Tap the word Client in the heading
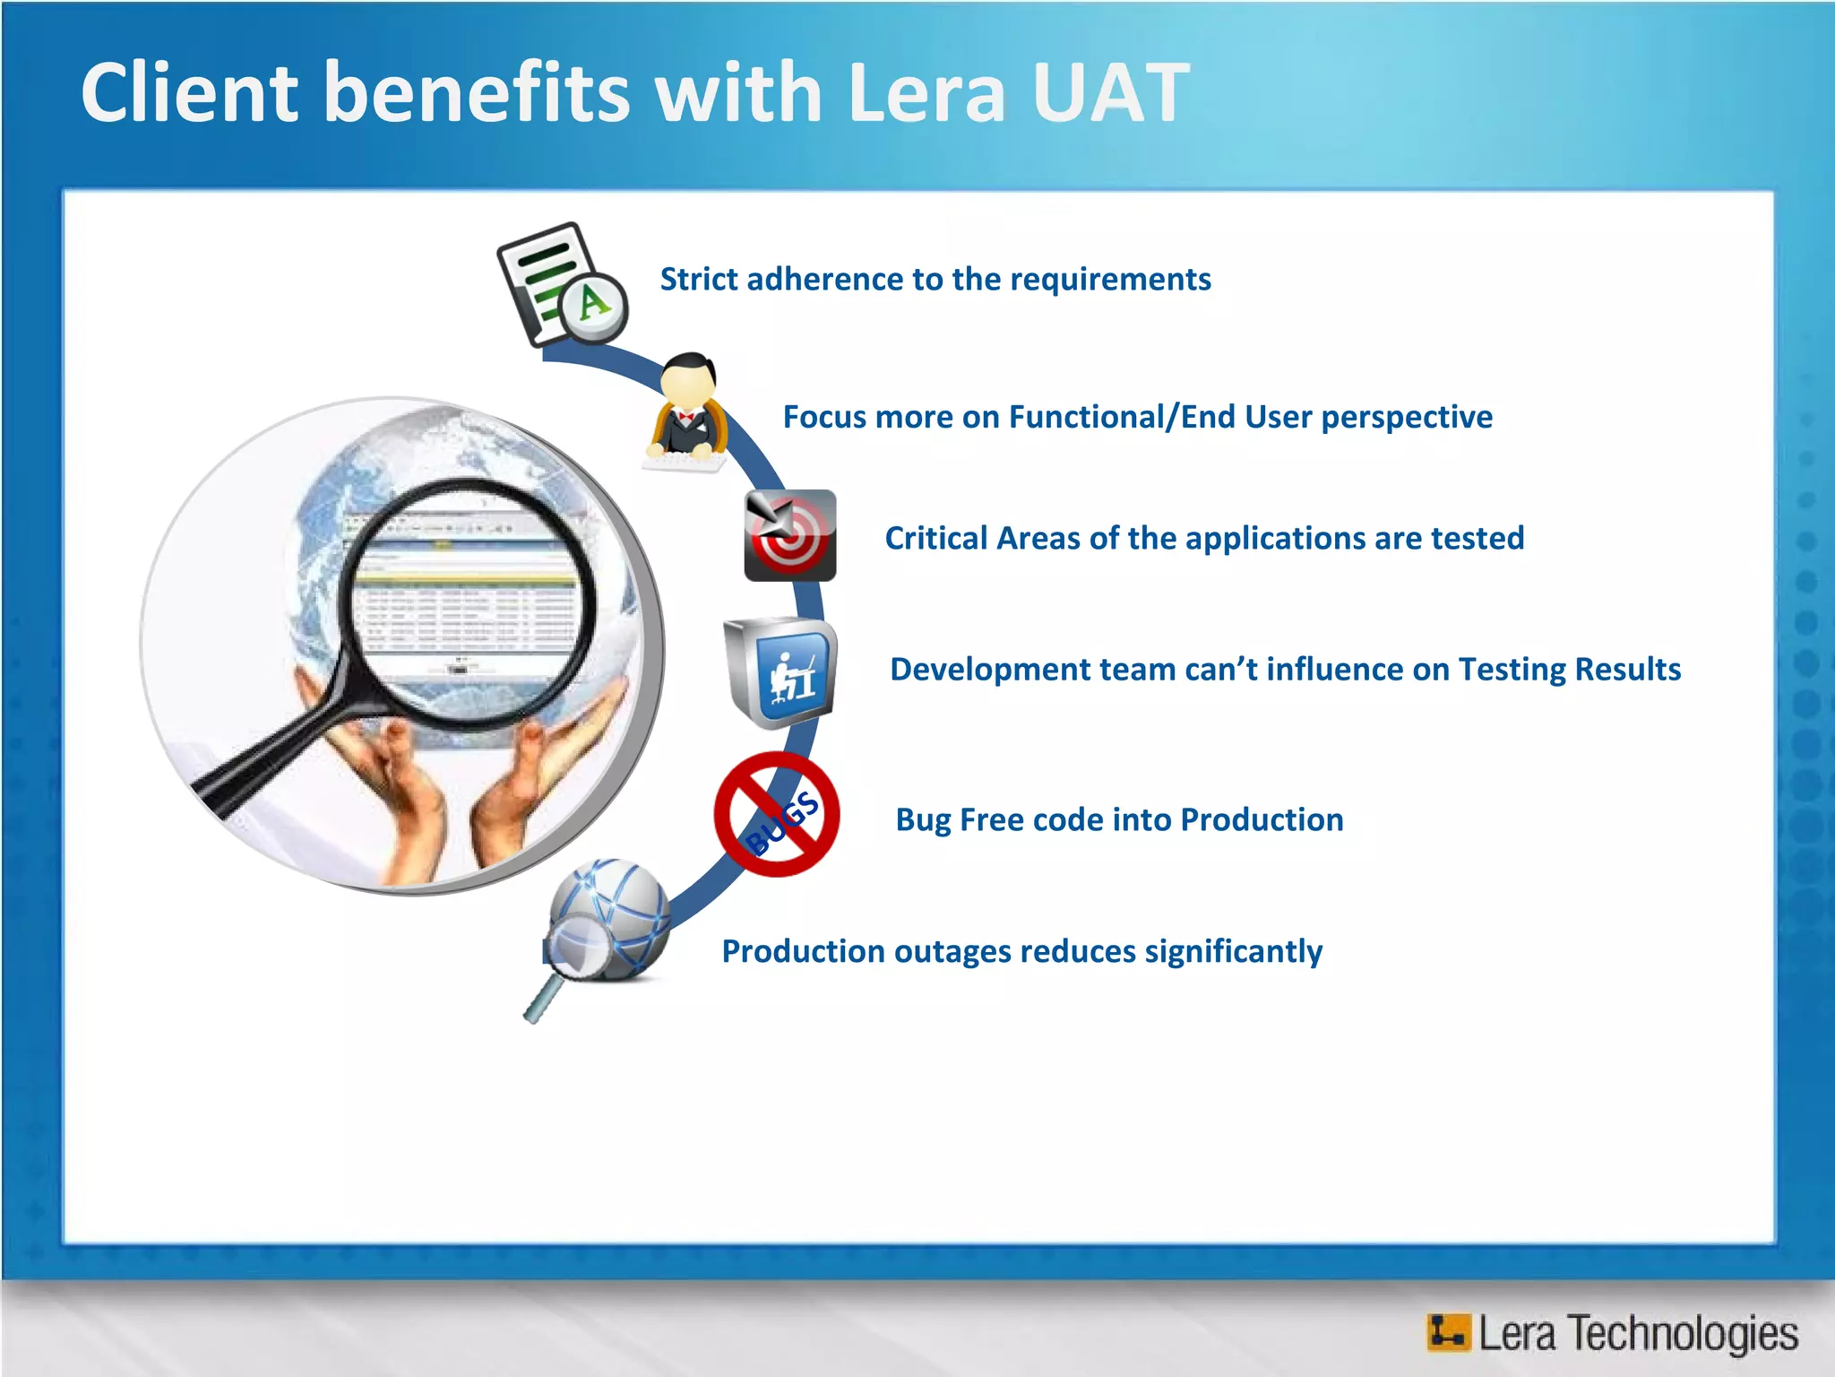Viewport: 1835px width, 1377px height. (189, 92)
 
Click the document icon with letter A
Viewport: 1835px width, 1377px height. (563, 284)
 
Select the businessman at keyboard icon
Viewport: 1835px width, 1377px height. (687, 413)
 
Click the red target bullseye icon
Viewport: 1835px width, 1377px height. (789, 535)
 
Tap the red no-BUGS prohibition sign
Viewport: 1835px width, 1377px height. (777, 814)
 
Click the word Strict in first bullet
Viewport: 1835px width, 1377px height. (699, 280)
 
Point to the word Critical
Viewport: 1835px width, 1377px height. (935, 539)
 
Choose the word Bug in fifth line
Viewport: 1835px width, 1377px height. (923, 821)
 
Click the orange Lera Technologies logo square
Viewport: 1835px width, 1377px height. (1448, 1332)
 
